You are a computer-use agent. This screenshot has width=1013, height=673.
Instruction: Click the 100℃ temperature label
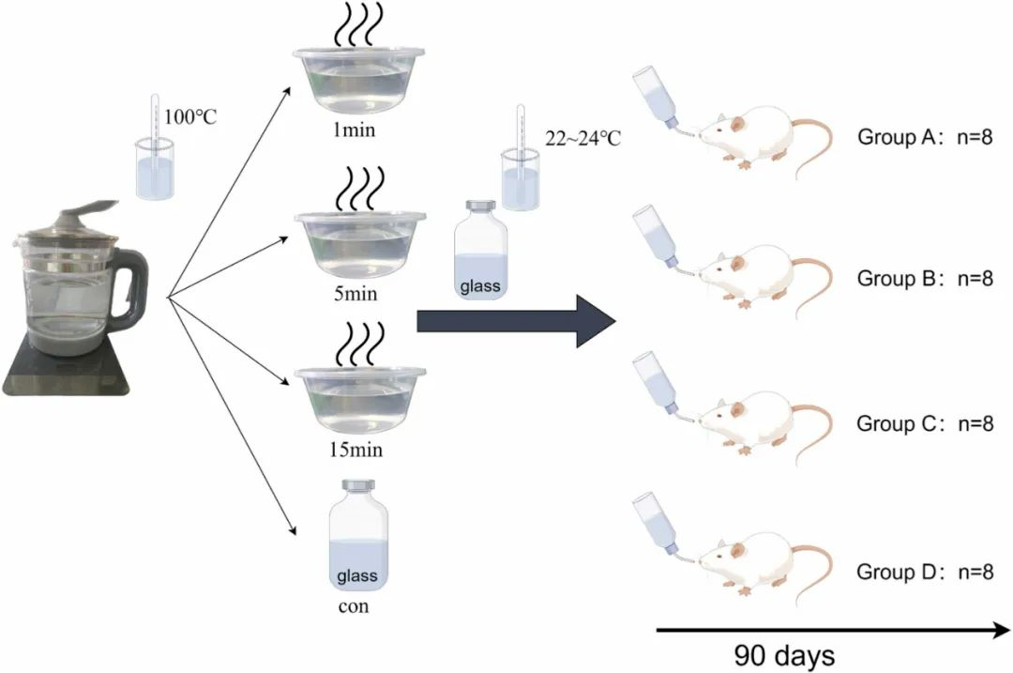[190, 117]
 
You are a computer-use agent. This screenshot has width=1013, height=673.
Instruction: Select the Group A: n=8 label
[925, 138]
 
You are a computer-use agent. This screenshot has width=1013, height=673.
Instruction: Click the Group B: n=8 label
[925, 279]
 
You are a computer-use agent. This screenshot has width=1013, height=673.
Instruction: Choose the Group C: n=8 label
[925, 423]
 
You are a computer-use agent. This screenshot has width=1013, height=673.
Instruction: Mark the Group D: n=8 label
[925, 571]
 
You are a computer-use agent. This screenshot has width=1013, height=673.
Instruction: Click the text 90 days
[784, 654]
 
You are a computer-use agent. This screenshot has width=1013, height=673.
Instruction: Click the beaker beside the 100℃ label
[155, 169]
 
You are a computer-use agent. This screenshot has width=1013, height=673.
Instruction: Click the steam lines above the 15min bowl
[359, 342]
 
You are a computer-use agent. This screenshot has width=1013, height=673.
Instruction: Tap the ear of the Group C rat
[738, 411]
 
